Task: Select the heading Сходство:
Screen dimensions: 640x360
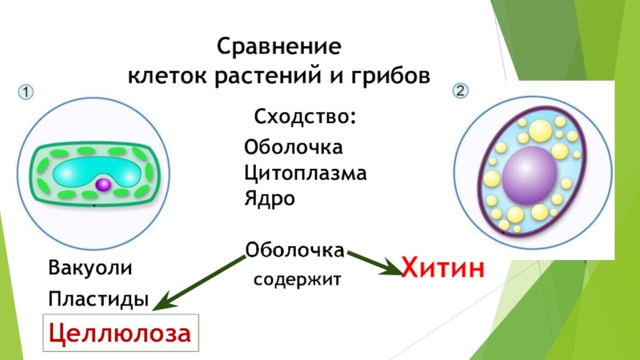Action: pyautogui.click(x=305, y=118)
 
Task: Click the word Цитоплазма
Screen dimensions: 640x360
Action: pyautogui.click(x=306, y=172)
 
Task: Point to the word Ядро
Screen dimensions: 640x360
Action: pyautogui.click(x=270, y=198)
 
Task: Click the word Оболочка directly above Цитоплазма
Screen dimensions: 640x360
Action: pyautogui.click(x=294, y=147)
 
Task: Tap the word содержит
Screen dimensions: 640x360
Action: pyautogui.click(x=298, y=280)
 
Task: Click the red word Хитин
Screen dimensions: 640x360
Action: pyautogui.click(x=442, y=266)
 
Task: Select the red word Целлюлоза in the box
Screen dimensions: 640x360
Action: pyautogui.click(x=120, y=333)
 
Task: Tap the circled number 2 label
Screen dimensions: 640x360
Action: pyautogui.click(x=461, y=91)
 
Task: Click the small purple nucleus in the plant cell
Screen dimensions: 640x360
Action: pyautogui.click(x=102, y=185)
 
